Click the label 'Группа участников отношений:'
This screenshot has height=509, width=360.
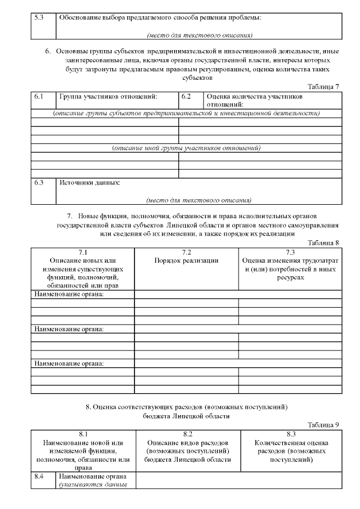tap(108, 97)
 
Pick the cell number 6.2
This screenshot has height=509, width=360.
tap(186, 97)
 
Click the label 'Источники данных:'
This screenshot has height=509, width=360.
tap(90, 183)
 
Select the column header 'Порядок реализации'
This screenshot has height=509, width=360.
tap(186, 260)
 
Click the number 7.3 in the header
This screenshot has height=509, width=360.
tap(290, 252)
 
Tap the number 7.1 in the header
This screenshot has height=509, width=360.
tap(83, 252)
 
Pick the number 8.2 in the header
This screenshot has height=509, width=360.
tap(188, 434)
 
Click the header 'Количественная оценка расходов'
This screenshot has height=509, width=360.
tap(291, 447)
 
